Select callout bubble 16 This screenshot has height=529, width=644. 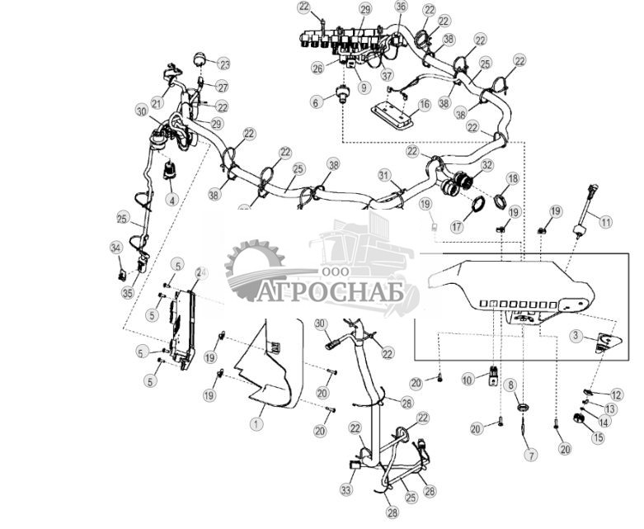[x=424, y=105]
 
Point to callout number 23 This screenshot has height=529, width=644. [x=223, y=64]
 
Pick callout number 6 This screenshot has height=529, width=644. [x=315, y=102]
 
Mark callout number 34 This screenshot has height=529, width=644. [x=115, y=247]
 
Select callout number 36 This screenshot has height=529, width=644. [x=401, y=7]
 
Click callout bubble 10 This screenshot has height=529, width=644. [x=468, y=379]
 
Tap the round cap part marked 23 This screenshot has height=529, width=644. [x=199, y=59]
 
